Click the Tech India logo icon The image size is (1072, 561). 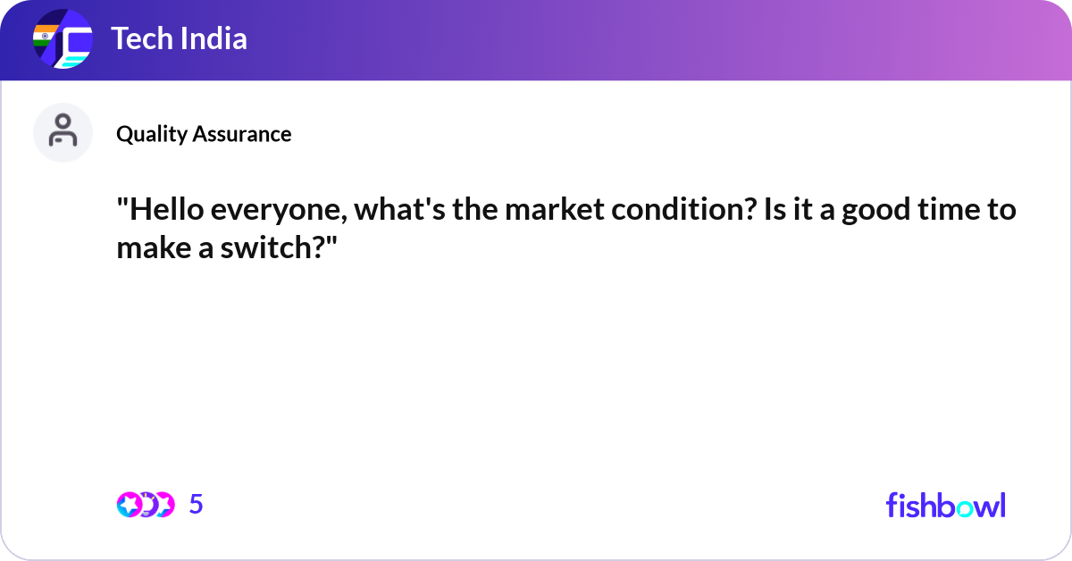(63, 40)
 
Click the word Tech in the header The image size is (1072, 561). (139, 38)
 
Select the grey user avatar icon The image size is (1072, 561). (63, 132)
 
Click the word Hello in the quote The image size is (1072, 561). (161, 212)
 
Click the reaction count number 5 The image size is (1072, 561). (197, 505)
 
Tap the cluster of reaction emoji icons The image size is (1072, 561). (145, 505)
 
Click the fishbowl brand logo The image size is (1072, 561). (945, 505)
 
